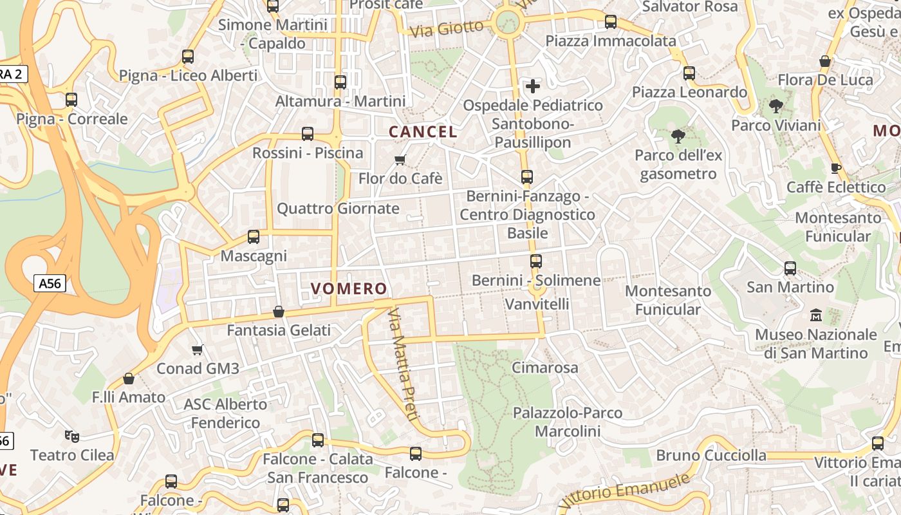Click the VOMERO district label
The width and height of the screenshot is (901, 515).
pyautogui.click(x=349, y=288)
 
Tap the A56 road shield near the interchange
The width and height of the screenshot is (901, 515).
pyautogui.click(x=50, y=283)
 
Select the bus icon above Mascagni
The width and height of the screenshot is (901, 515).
pyautogui.click(x=254, y=237)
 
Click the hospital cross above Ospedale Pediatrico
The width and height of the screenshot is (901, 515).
pyautogui.click(x=533, y=86)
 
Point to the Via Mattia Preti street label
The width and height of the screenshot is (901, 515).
pyautogui.click(x=403, y=364)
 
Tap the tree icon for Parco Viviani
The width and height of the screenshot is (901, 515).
pyautogui.click(x=776, y=106)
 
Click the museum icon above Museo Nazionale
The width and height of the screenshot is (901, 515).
pyautogui.click(x=816, y=315)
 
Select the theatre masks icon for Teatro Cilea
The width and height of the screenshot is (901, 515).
pyautogui.click(x=72, y=436)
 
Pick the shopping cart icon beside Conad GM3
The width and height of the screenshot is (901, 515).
pyautogui.click(x=198, y=350)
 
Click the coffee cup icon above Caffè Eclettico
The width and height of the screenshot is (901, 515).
pyautogui.click(x=836, y=168)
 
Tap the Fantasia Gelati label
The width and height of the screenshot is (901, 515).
pyautogui.click(x=279, y=330)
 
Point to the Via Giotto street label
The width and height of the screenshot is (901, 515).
pyautogui.click(x=447, y=28)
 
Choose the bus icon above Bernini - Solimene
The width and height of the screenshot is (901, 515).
pyautogui.click(x=536, y=261)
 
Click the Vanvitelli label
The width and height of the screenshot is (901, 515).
pyautogui.click(x=537, y=303)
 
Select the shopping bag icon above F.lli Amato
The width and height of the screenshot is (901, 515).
pyautogui.click(x=129, y=379)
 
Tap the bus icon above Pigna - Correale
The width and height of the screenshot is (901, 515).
pyautogui.click(x=71, y=100)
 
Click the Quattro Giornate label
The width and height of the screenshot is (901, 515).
pyautogui.click(x=338, y=209)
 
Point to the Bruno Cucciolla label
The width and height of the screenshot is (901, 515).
pyautogui.click(x=711, y=456)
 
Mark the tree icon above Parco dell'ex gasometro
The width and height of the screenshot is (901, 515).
pyautogui.click(x=678, y=136)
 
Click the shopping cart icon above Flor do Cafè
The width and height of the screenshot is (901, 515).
pyautogui.click(x=400, y=160)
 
